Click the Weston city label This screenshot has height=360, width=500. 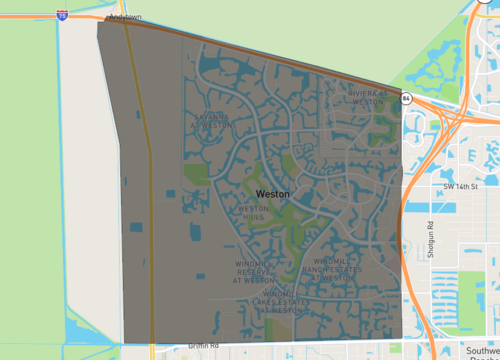coord(273,193)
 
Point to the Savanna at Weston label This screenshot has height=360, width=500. coord(211,121)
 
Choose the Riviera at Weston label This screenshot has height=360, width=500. coord(366,97)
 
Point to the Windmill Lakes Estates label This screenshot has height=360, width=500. coord(268,301)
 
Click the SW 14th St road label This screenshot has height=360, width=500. coord(461,186)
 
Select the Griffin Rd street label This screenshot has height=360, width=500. coord(203,346)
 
